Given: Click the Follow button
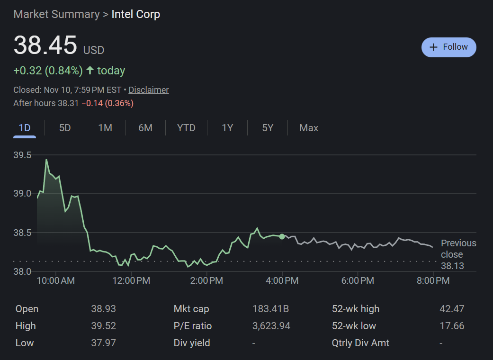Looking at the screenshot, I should pos(448,47).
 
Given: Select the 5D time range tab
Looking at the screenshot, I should pos(65,128).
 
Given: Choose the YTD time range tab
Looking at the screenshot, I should pos(186,128).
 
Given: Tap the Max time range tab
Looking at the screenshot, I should pos(309,128).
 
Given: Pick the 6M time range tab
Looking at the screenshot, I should pos(145,128).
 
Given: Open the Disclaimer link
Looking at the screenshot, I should pos(149,90).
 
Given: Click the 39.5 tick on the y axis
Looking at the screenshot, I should pos(22,155).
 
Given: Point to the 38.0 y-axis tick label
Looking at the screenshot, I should pos(22,271).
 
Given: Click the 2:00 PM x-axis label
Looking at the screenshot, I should pos(206,281).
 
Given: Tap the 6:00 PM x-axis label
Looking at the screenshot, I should pos(358,281).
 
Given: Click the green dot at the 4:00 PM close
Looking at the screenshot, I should pos(282,236).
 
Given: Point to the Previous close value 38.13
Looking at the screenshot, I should pos(452,266).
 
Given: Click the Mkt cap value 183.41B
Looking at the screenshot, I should pos(270,309).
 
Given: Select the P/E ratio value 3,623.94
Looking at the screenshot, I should pos(271,326).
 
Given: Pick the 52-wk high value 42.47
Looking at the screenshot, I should pos(452,309).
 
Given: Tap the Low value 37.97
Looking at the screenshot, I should pos(103,343).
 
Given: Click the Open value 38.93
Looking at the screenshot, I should pos(103,309).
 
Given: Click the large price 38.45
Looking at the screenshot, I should pos(45,46).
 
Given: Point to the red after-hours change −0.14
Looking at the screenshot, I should pos(93,103).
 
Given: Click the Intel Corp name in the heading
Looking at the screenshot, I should pos(136,15).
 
